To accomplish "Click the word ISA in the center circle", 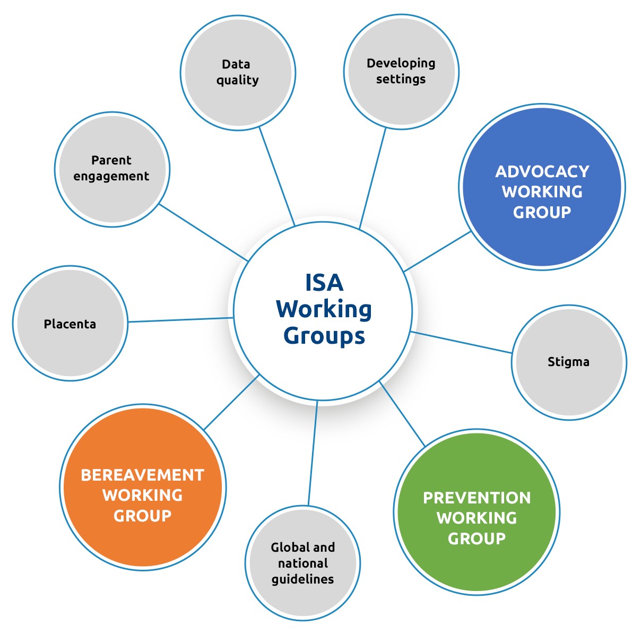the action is (x=324, y=283).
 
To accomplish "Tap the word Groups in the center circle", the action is (x=324, y=337).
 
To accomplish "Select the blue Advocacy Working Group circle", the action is (x=542, y=187).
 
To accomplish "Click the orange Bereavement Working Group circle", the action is (x=143, y=488).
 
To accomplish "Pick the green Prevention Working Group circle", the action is (x=477, y=512).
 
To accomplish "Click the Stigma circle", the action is (x=569, y=362).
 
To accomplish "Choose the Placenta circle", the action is (x=70, y=323).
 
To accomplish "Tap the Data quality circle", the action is (x=238, y=73).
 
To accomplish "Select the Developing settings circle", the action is (x=401, y=72).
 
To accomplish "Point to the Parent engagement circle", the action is (x=112, y=169).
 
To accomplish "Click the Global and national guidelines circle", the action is (x=302, y=563).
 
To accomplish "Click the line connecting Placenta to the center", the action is (x=180, y=320).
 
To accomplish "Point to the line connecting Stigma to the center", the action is (x=461, y=342).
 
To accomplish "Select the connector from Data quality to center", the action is (x=277, y=176).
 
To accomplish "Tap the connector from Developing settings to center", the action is (x=373, y=178).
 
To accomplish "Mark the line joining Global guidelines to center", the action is (x=313, y=453).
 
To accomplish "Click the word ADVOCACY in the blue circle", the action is (x=542, y=172).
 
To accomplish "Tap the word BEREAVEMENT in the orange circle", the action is (x=142, y=475).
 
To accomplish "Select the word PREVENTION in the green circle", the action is (x=477, y=498).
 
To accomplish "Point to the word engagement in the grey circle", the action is (x=111, y=176).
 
